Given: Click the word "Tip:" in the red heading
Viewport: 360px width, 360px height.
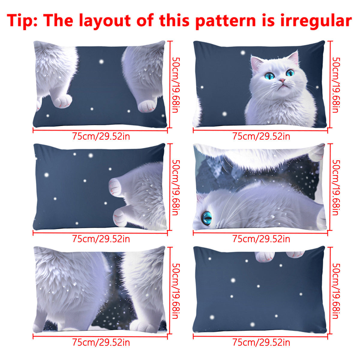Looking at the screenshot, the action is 22,21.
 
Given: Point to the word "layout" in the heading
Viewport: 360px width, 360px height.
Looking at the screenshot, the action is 105,21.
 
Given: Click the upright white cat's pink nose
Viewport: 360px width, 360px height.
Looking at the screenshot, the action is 282,80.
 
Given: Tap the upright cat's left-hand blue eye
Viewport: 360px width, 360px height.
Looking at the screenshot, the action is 269,76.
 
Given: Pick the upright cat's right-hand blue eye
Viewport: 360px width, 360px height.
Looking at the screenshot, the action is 290,73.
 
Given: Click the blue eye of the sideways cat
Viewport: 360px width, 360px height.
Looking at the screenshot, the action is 207,218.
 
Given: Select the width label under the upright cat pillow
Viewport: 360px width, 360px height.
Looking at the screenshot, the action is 261,136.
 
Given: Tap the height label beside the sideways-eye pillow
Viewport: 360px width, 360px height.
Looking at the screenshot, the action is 336,187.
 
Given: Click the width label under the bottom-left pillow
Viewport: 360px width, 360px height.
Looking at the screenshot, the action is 101,342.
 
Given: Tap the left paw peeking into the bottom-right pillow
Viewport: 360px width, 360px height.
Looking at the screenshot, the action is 265,257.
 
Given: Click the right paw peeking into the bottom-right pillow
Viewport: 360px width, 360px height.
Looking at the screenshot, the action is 295,254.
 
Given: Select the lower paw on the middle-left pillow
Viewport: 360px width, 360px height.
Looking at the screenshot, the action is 121,217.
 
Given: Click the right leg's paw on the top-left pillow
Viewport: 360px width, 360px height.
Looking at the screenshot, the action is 148,106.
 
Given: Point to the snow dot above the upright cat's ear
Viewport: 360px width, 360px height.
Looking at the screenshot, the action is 243,53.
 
